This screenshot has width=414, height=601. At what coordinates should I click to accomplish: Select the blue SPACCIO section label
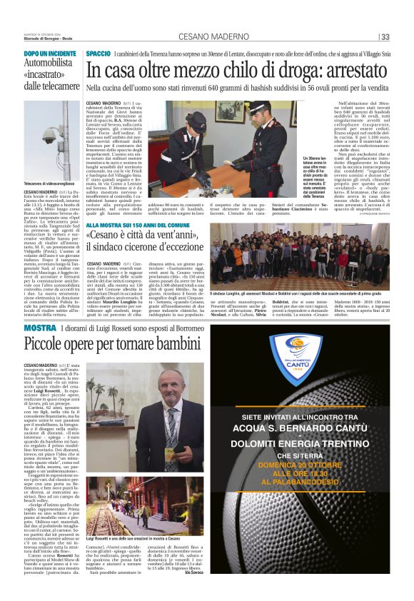[98, 54]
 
